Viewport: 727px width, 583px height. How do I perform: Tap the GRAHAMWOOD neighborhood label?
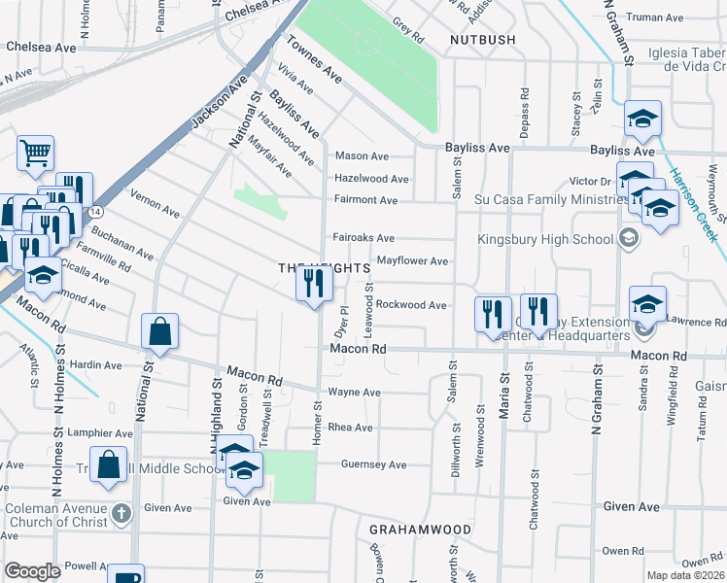[420, 530]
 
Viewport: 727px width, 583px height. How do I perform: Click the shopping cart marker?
[35, 153]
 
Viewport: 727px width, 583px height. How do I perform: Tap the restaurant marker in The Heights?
[314, 284]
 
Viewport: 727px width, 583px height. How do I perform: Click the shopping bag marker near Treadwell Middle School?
[109, 465]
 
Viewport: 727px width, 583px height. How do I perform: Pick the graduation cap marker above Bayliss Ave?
[642, 120]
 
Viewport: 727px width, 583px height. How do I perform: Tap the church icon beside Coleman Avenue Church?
[121, 512]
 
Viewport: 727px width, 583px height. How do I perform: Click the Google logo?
[33, 571]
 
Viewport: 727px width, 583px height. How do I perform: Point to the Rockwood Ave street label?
[411, 305]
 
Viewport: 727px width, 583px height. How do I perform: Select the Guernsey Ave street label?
[373, 464]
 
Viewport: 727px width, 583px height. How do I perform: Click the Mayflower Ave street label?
[412, 261]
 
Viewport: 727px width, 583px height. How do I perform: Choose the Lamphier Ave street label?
[96, 433]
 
